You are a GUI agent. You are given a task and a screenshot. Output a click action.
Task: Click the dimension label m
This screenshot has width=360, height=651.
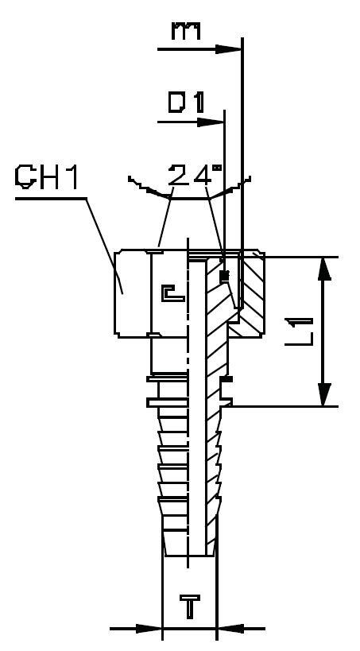[x=187, y=31]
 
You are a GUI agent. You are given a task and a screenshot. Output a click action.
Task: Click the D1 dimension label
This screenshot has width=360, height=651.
[x=187, y=103]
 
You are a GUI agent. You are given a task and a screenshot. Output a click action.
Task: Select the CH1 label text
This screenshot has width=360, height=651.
[x=47, y=177]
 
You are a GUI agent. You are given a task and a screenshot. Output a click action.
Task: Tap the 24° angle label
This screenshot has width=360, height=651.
[x=195, y=176]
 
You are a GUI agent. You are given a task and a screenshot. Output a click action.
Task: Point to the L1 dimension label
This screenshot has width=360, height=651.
[x=299, y=331]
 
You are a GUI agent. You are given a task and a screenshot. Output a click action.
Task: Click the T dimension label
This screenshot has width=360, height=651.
[x=190, y=606]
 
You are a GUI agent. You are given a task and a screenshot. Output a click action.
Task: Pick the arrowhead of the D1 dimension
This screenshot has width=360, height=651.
[x=211, y=122]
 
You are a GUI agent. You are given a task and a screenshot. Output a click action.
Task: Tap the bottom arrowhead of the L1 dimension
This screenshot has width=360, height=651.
[x=324, y=393]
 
